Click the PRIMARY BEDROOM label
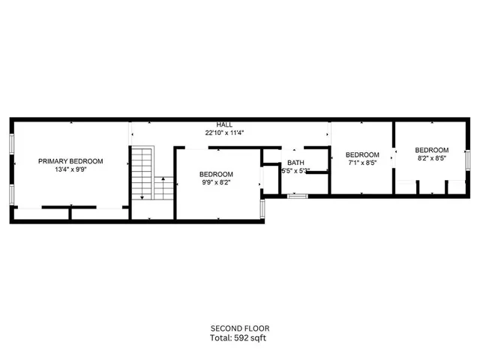coord(71,161)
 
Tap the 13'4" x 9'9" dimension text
coord(71,169)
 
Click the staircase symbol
coord(142,173)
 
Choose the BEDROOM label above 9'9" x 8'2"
coord(216,174)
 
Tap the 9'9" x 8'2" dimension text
coord(216,182)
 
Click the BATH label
coord(295,163)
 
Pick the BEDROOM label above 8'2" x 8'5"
coord(431,150)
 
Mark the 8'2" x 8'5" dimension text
coord(431,158)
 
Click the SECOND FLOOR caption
coord(239,328)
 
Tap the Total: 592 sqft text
coord(239,337)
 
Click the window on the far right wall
coord(466,160)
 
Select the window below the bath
coord(298,196)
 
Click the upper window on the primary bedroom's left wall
coord(11,145)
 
